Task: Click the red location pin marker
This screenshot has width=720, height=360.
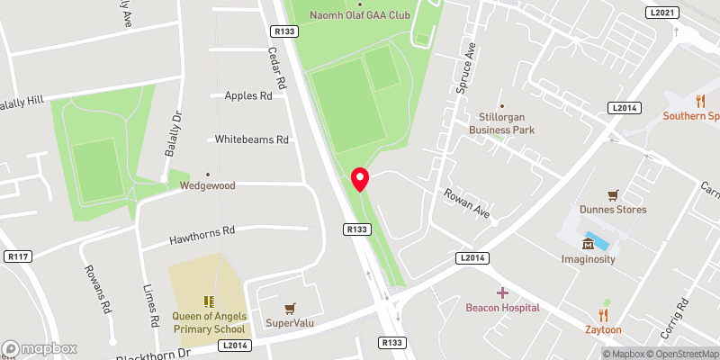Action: point(360,179)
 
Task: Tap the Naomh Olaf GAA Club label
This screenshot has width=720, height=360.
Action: point(360,14)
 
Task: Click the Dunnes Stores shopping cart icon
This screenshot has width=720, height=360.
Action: point(613,194)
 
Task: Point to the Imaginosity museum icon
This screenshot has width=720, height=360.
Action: point(589,243)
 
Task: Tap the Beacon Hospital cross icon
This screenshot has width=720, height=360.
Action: point(502,292)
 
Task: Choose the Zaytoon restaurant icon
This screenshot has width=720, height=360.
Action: point(603,314)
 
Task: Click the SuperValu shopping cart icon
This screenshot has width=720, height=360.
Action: point(289,308)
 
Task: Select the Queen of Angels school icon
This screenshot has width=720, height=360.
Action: point(208,301)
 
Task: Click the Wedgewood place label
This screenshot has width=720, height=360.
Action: point(208,185)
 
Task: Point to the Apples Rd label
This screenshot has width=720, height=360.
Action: point(248,95)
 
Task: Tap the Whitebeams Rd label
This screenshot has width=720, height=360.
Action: point(252,139)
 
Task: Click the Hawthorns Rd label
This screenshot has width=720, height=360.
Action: point(202,236)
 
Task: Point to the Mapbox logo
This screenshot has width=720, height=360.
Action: point(40,348)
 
